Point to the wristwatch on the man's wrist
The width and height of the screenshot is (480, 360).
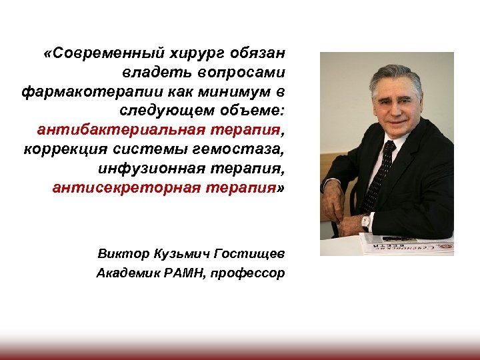tap(365, 221)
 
